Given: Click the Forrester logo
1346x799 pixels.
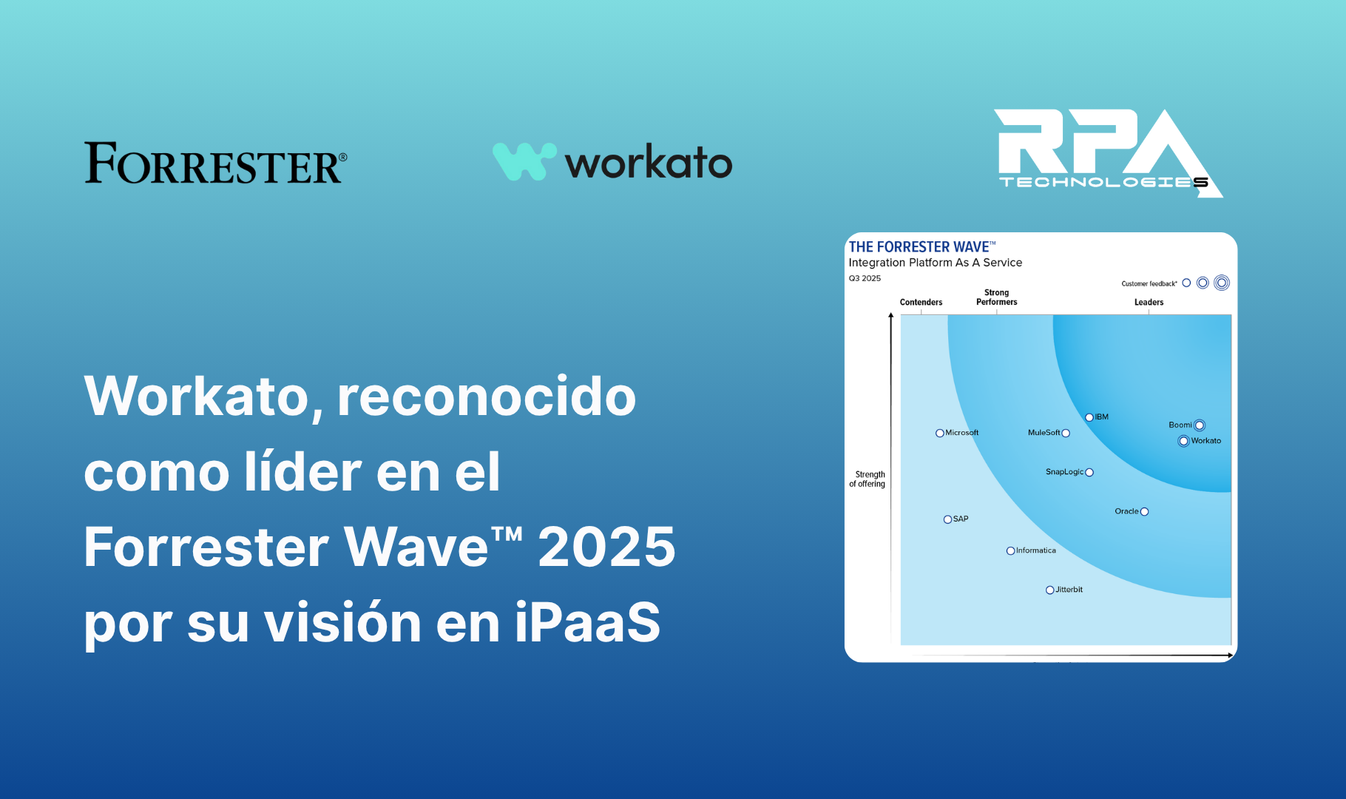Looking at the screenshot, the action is coord(215,163).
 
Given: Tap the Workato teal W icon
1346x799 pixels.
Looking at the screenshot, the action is coord(524,161).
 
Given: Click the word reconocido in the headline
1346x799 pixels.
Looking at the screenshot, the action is coord(487,397).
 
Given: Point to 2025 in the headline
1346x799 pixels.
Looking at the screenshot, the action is coord(606,547).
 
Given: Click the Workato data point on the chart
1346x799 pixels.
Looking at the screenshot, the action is coord(1183,441).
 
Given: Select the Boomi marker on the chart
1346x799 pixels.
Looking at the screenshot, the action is coord(1200,425).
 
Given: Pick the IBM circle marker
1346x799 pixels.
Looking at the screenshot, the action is coord(1089,417).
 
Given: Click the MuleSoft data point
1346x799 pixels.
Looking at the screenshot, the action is coord(1066,434).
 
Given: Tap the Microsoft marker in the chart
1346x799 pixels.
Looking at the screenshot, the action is coord(940,434).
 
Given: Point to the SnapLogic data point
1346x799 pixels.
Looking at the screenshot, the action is coord(1089,473).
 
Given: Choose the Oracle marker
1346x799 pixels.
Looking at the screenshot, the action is coord(1145,512).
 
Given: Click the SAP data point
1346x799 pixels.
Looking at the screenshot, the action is coord(947,519).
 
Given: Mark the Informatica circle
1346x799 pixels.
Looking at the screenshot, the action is coord(1011,551).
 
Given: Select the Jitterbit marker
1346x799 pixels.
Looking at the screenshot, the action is coord(1050,590).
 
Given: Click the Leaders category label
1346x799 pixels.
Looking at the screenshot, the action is coord(1149,303).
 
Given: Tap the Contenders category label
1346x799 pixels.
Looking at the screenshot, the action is coord(921,303).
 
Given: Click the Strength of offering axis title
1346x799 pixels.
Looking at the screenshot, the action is coord(868,479).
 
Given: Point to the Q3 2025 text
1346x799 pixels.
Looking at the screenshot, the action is coord(865,279).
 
